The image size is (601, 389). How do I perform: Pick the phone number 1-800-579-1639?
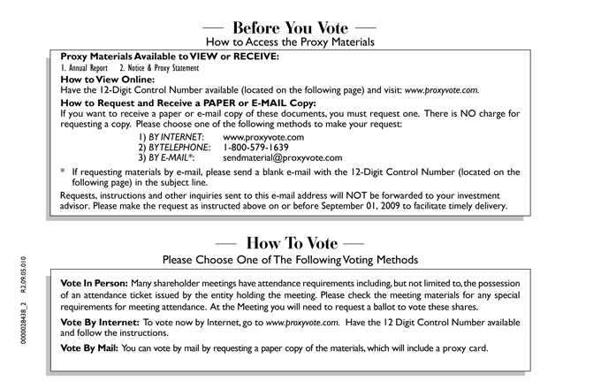point(262,148)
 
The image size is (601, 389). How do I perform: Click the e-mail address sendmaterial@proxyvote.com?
point(282,158)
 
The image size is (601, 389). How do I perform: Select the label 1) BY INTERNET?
point(171,137)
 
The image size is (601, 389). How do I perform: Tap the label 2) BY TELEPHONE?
point(174,148)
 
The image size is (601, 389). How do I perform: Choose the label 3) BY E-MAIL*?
point(168,158)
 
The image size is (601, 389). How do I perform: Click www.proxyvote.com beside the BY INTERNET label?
point(263,137)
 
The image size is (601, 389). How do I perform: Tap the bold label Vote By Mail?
point(89,347)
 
